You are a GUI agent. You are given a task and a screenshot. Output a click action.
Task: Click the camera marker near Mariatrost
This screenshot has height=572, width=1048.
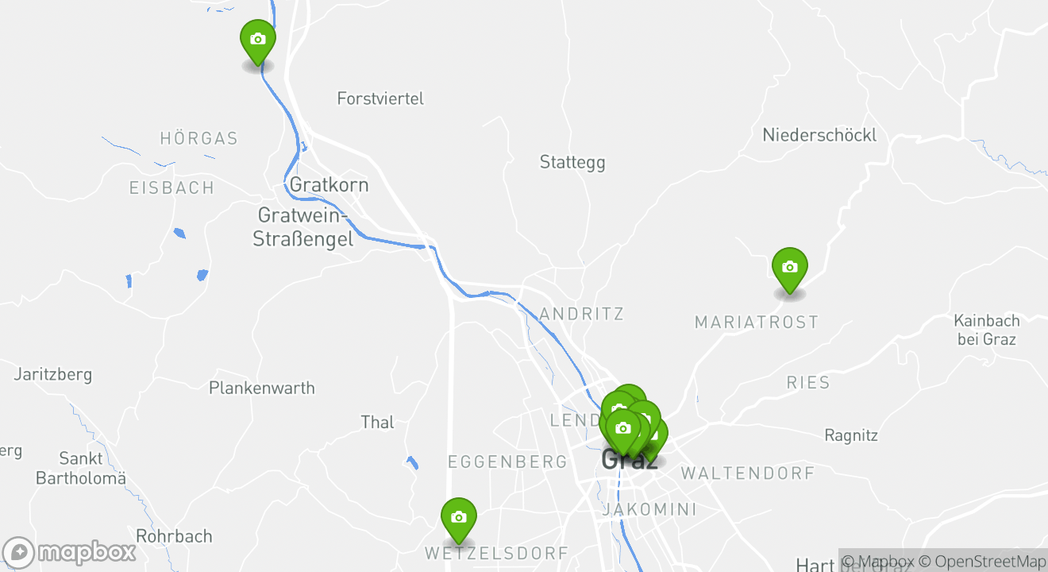click(x=789, y=268)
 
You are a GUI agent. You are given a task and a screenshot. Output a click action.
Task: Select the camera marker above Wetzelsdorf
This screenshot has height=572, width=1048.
click(x=458, y=517)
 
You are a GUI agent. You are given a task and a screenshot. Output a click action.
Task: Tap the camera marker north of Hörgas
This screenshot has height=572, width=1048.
click(x=257, y=39)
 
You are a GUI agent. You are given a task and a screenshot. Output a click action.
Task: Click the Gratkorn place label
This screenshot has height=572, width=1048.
click(x=329, y=185)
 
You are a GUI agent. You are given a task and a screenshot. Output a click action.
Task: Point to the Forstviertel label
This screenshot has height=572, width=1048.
click(x=380, y=99)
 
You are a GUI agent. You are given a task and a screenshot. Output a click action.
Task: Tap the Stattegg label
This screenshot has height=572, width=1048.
click(x=572, y=162)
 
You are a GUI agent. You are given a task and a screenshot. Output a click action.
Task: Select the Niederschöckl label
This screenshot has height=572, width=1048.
click(x=819, y=135)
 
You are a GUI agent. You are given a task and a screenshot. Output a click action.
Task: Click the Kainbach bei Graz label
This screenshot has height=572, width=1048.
click(x=987, y=330)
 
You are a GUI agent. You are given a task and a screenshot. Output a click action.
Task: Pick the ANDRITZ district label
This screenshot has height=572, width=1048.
click(x=581, y=314)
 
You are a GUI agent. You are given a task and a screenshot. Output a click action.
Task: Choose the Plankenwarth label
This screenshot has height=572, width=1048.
click(x=262, y=388)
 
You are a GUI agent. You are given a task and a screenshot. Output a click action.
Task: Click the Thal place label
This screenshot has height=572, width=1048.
click(x=377, y=422)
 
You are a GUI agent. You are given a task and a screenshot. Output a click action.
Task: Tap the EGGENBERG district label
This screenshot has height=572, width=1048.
click(x=507, y=462)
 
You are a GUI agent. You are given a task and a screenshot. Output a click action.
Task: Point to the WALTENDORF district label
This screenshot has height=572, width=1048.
click(x=747, y=473)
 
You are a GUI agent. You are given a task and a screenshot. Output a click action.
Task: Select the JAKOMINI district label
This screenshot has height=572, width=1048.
click(x=649, y=509)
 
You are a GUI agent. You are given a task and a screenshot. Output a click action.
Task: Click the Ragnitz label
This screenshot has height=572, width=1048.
click(x=851, y=435)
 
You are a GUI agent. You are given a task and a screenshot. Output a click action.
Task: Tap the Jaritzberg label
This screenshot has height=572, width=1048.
click(x=53, y=373)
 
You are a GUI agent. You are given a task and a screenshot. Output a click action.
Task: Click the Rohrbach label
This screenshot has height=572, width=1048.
click(x=174, y=536)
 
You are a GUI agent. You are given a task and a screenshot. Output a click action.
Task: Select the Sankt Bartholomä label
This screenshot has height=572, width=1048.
click(x=81, y=468)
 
